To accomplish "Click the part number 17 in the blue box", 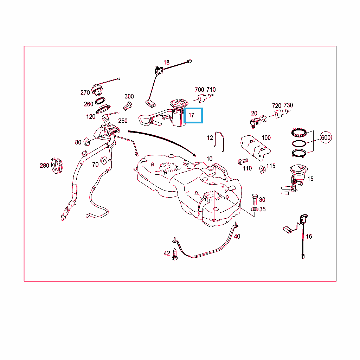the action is click(x=192, y=115).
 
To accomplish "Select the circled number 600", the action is click(x=326, y=137).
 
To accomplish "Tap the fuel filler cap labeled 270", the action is click(x=97, y=90).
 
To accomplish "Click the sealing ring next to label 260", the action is click(x=100, y=101).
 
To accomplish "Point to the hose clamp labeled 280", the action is click(x=57, y=166).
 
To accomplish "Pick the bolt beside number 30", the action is click(x=255, y=199).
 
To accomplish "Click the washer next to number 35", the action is click(x=255, y=209).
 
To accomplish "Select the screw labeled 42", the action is click(x=175, y=254).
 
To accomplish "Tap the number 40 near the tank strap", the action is click(x=237, y=237).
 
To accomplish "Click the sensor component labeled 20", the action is click(x=258, y=121).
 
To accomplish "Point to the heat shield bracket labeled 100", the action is click(x=255, y=147).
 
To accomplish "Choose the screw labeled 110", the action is click(x=243, y=161).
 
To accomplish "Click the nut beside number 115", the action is click(x=262, y=169).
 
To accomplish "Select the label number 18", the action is click(x=166, y=63).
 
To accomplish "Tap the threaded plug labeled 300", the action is click(x=128, y=107).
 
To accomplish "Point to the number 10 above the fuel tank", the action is click(x=210, y=159).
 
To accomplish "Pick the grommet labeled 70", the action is click(x=104, y=160).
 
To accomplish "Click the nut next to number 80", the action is click(x=87, y=142).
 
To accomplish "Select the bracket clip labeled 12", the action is click(x=219, y=142).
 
